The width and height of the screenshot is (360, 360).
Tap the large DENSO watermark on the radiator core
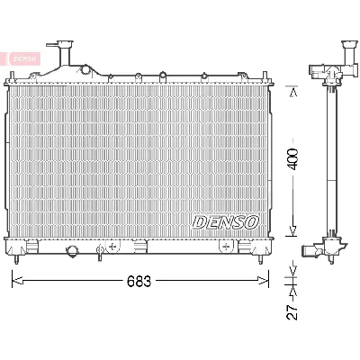click(x=226, y=221)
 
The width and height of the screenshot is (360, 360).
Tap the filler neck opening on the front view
click(x=65, y=43)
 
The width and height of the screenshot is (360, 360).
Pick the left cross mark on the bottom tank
click(x=112, y=246)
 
